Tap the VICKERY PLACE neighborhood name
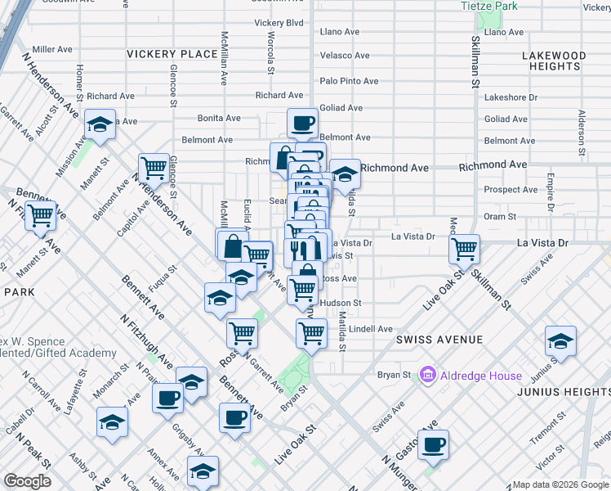172,54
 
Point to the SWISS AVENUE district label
439,339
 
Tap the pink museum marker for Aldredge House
426,376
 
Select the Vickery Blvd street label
279,22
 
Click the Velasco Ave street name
346,56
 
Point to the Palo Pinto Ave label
349,81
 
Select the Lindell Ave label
371,329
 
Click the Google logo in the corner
27,480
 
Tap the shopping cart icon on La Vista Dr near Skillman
465,248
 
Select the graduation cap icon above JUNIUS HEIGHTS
560,340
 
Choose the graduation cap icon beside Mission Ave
100,125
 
